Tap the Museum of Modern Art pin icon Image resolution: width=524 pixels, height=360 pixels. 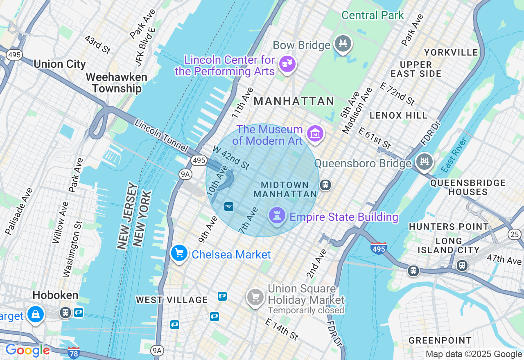(x=315, y=134)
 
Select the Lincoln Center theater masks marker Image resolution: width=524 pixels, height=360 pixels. (x=287, y=64)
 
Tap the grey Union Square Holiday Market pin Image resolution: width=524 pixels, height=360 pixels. (x=255, y=297)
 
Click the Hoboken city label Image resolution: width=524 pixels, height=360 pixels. (x=55, y=295)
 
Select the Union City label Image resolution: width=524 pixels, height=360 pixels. (x=60, y=64)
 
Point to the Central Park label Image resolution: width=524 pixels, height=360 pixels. (x=373, y=16)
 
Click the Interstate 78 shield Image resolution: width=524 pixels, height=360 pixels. (x=73, y=352)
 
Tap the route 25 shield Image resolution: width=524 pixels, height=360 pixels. (x=515, y=234)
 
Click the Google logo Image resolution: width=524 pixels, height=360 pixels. (x=27, y=350)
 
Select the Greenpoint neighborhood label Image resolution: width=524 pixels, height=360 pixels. (x=440, y=340)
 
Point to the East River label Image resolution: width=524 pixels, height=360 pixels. (x=454, y=155)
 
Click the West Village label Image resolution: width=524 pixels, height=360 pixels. (x=172, y=300)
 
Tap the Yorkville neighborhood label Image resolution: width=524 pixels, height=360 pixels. (x=451, y=52)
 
